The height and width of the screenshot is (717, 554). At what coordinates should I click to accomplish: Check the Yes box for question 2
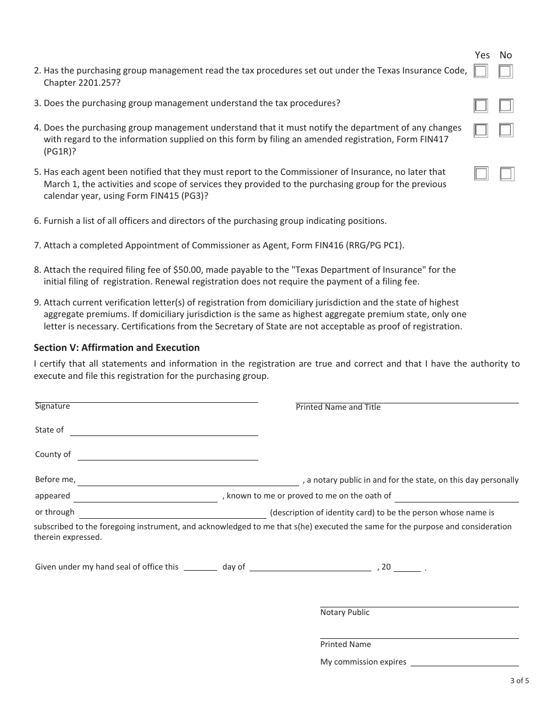(x=481, y=72)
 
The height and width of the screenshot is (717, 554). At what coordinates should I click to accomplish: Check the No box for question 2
(x=506, y=72)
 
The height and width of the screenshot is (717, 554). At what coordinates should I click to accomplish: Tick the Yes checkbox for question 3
(x=481, y=106)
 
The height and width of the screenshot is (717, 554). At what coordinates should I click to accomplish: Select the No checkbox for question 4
(x=506, y=130)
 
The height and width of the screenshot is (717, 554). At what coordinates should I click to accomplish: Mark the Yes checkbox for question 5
(x=481, y=174)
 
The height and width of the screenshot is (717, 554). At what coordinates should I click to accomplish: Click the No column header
(x=506, y=55)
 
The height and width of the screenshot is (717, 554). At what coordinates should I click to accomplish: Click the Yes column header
(x=482, y=55)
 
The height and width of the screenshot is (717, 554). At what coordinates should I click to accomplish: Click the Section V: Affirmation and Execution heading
(x=117, y=347)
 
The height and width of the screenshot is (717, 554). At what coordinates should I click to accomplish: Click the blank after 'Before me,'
(x=188, y=481)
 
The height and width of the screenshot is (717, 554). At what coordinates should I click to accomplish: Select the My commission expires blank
(x=465, y=662)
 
